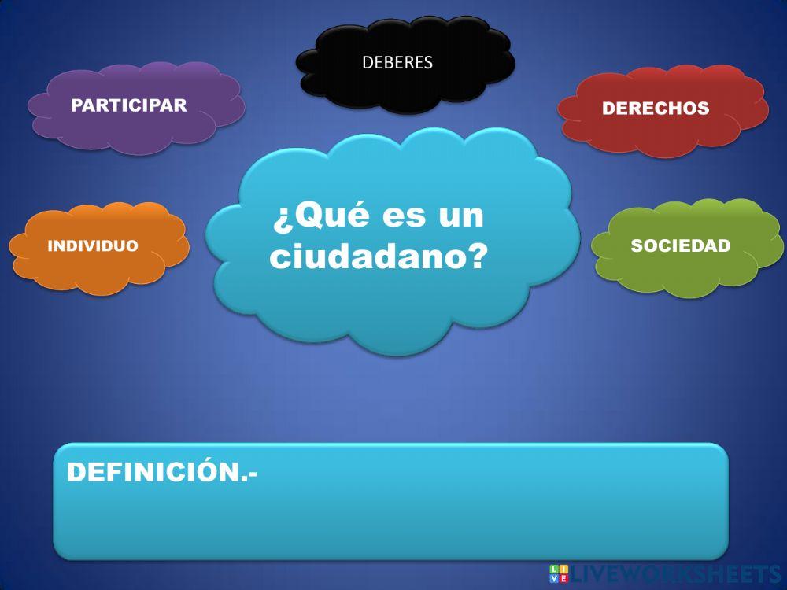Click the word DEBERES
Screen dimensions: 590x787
pyautogui.click(x=397, y=63)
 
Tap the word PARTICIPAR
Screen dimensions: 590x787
pyautogui.click(x=129, y=105)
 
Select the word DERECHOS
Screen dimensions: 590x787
pyautogui.click(x=656, y=109)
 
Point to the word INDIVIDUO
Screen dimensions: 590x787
pyautogui.click(x=93, y=246)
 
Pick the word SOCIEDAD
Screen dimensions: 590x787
pyautogui.click(x=681, y=245)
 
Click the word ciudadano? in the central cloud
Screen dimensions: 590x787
pyautogui.click(x=370, y=256)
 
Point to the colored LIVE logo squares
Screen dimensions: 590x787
pyautogui.click(x=560, y=573)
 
